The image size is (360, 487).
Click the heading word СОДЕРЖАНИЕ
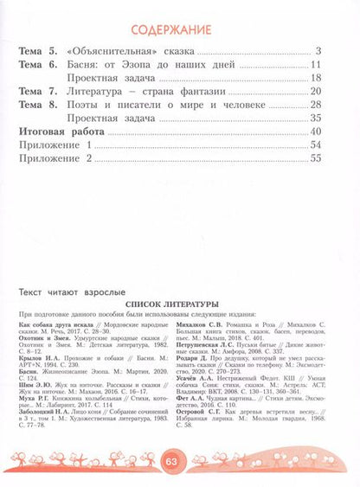coord(179,31)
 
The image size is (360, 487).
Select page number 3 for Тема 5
coord(318,52)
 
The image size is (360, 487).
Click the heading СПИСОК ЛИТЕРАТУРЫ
coord(179,304)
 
